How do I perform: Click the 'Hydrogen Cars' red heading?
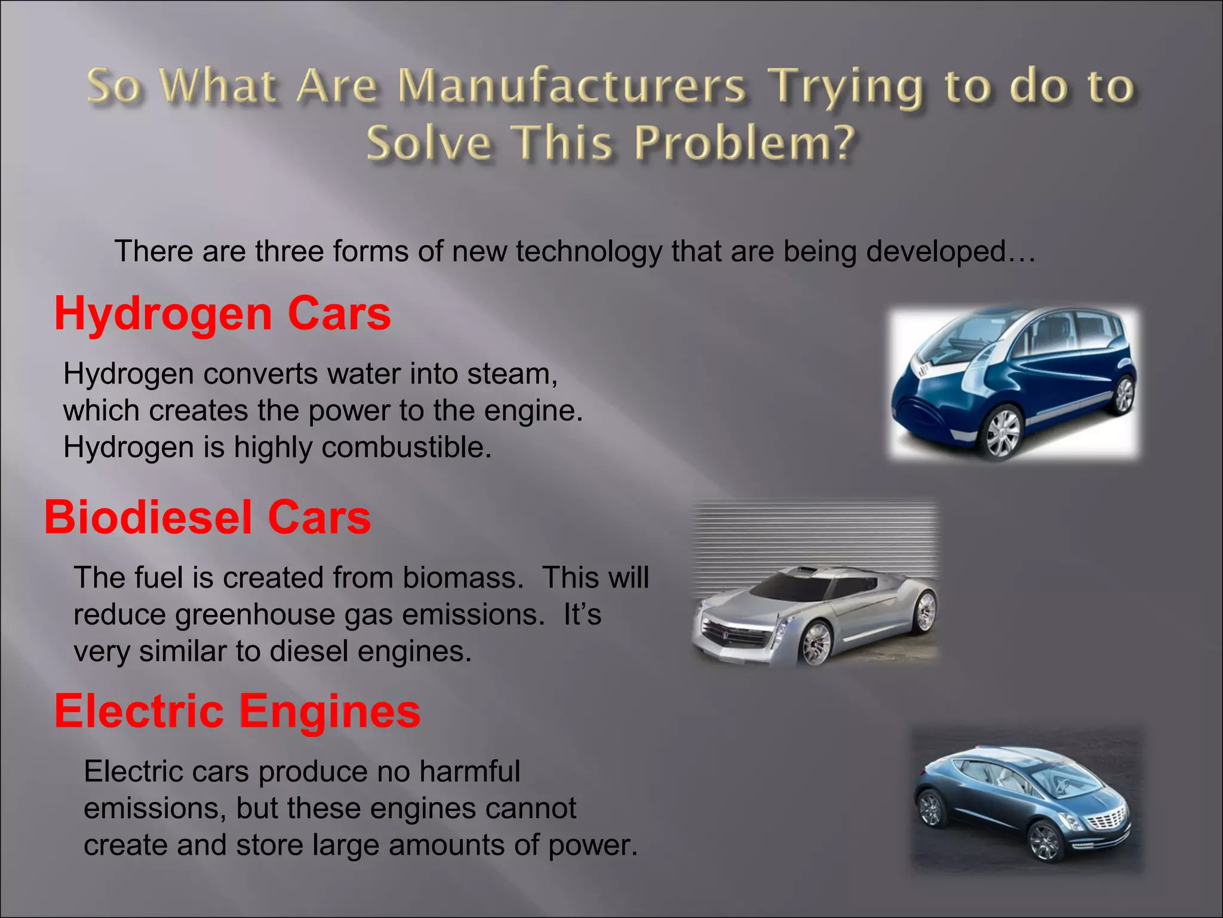(222, 314)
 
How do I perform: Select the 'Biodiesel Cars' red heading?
(207, 517)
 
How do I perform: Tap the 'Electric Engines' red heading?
(237, 711)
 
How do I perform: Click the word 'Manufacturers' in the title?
(571, 85)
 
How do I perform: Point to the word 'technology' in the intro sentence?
(589, 251)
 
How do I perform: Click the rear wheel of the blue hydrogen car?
(1123, 394)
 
